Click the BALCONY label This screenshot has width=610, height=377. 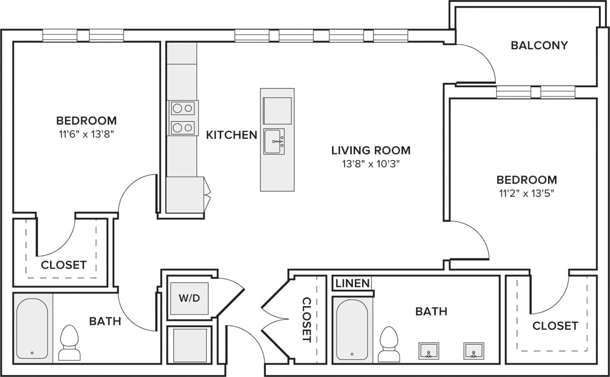tap(539, 45)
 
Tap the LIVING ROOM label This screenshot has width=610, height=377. tap(371, 150)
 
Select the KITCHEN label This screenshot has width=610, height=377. tap(231, 135)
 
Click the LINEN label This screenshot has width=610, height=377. tap(352, 283)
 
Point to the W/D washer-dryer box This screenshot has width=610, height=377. tap(189, 299)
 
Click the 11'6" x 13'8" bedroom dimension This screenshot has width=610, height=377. tap(86, 134)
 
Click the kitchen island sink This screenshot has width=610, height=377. tap(274, 142)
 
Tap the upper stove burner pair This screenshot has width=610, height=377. tap(183, 108)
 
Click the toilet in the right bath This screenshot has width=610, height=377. tap(389, 344)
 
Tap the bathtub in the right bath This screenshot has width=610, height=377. tap(352, 329)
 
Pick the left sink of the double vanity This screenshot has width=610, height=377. tap(428, 351)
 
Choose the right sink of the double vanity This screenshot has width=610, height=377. tap(473, 351)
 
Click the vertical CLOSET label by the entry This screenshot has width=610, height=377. tap(306, 320)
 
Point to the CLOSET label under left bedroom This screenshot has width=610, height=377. tap(63, 265)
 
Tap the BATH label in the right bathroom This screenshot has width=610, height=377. tap(431, 312)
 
